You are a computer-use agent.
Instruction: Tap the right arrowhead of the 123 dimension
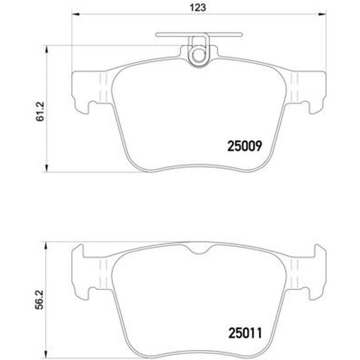(x=324, y=17)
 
